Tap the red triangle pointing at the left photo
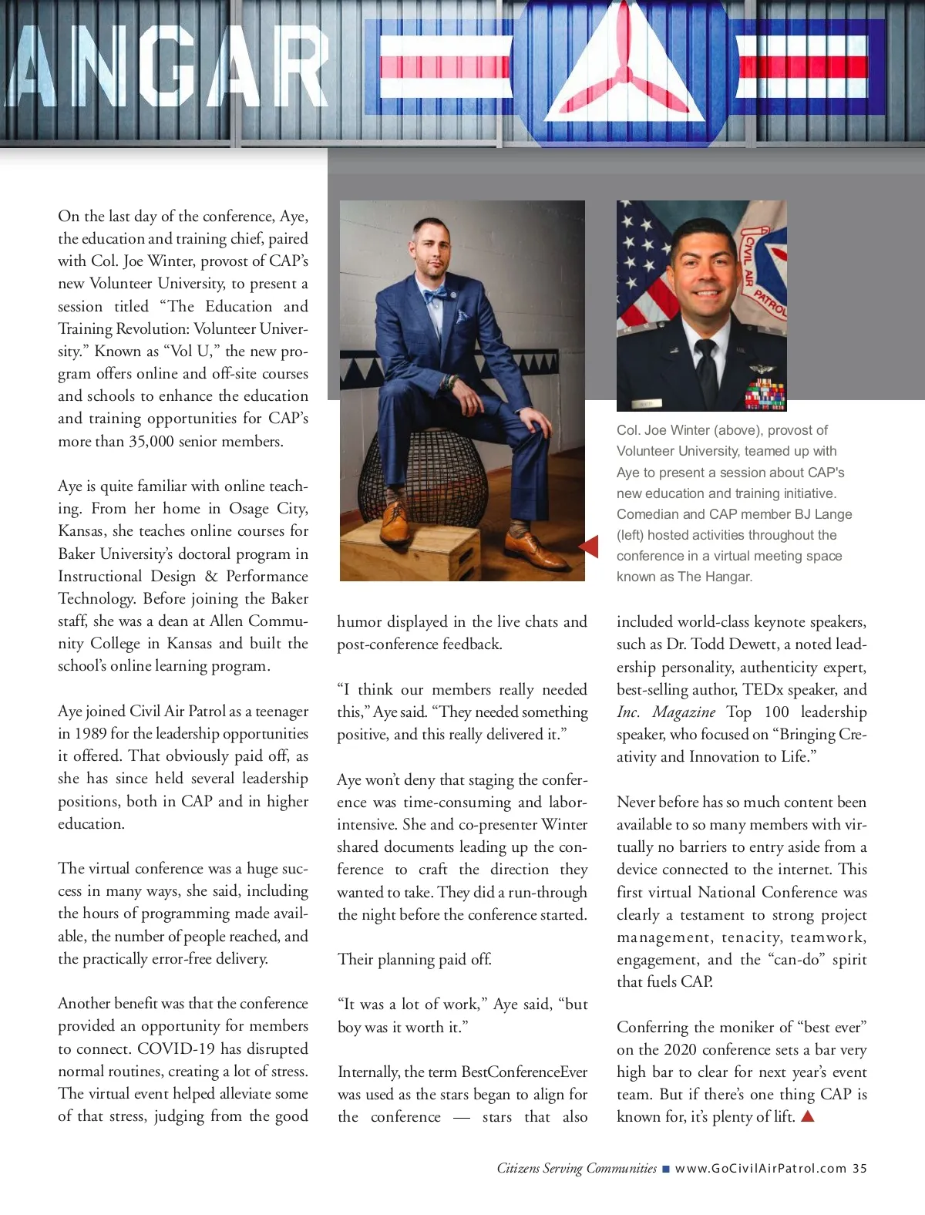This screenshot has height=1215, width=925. [x=589, y=546]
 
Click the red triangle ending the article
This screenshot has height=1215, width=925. [x=808, y=1116]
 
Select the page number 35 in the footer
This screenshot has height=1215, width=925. [x=859, y=1168]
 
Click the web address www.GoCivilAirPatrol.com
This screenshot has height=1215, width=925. [x=760, y=1168]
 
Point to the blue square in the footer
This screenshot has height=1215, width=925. [x=666, y=1169]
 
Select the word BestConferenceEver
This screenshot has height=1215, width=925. [x=524, y=1072]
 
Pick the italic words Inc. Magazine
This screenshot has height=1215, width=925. [x=666, y=712]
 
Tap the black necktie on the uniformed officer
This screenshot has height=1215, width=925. [x=705, y=366]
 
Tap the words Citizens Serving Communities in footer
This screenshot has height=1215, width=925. [x=577, y=1168]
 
